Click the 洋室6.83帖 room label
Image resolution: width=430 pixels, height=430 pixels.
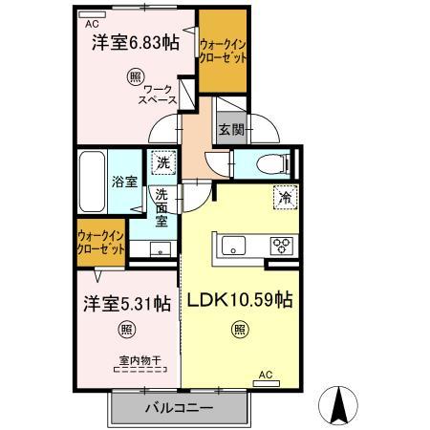pyautogui.click(x=135, y=42)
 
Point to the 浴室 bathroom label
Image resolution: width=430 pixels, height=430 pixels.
pyautogui.click(x=124, y=182)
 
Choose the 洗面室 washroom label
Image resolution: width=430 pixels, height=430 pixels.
pyautogui.click(x=162, y=207)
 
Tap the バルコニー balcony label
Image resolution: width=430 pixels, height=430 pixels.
pyautogui.click(x=179, y=408)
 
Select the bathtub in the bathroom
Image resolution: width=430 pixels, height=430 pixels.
pyautogui.click(x=91, y=181)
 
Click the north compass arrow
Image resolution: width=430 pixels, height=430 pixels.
pyautogui.click(x=339, y=406)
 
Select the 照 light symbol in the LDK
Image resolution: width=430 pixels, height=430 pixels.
pyautogui.click(x=237, y=331)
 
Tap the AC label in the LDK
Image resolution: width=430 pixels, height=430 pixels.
pyautogui.click(x=266, y=375)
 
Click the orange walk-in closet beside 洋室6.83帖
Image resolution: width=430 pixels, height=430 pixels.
pyautogui.click(x=224, y=52)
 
